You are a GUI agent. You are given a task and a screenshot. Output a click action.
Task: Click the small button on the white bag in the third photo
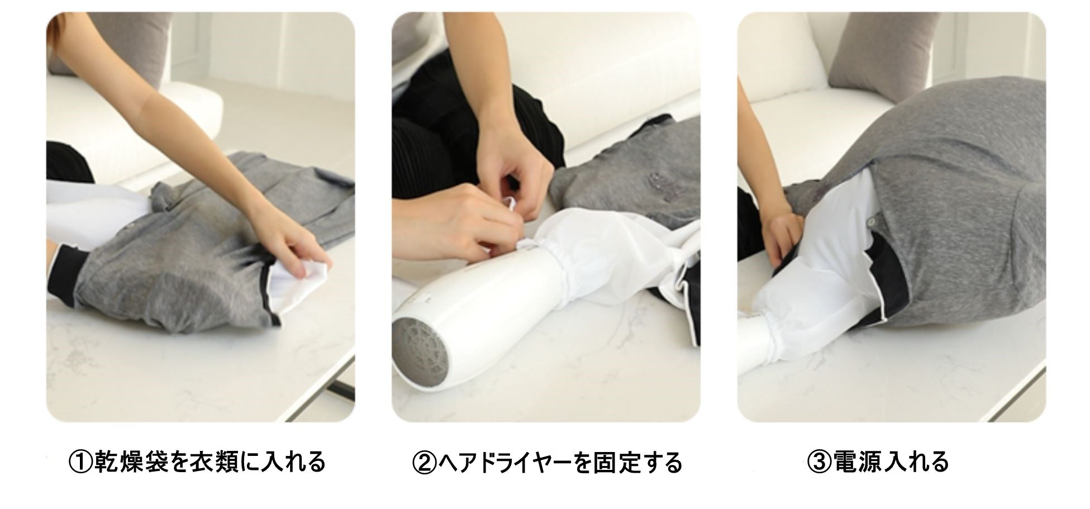(871, 222)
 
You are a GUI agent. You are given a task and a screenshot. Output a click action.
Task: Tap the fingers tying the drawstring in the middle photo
(506, 210)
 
